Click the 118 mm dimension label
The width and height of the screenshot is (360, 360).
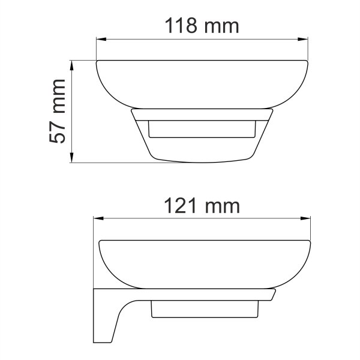coord(202,26)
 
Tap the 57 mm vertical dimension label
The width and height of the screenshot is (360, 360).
coord(59,111)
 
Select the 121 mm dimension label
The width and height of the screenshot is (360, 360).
coord(202,206)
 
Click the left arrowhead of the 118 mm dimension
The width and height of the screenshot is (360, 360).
coord(100,40)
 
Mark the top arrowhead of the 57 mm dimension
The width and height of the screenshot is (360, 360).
coord(73,63)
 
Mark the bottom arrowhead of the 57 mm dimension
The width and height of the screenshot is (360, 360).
coord(73,159)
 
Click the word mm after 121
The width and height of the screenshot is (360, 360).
coord(222,206)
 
